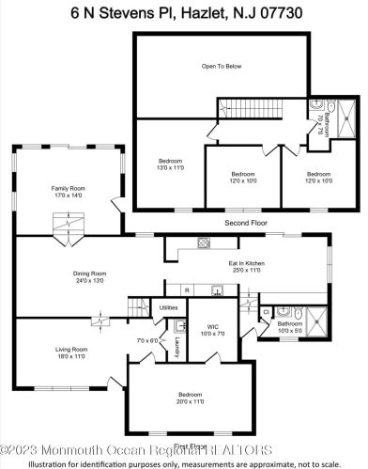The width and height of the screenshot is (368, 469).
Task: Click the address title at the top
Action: click(x=184, y=12)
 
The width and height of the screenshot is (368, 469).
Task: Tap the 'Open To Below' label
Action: click(x=222, y=67)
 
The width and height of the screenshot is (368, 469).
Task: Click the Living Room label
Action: click(x=68, y=352)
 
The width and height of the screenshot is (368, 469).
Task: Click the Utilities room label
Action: click(x=169, y=307)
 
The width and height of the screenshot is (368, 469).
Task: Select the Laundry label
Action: click(x=176, y=351)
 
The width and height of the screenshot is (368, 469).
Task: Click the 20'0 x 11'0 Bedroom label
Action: click(x=190, y=399)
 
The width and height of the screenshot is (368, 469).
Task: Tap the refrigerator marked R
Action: click(x=188, y=289)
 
